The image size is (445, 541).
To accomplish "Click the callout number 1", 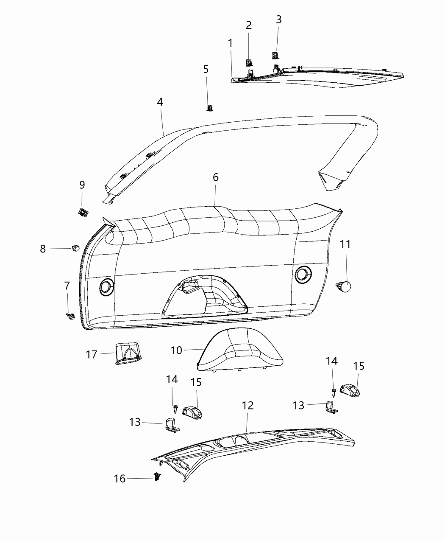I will click(x=230, y=43).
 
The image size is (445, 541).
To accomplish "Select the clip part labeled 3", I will click(x=275, y=55).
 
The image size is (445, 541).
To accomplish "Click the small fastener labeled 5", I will click(x=209, y=108).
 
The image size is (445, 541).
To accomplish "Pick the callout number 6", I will click(x=216, y=177).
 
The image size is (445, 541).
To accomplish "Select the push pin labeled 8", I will click(x=76, y=247).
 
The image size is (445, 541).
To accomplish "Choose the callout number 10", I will click(x=176, y=350).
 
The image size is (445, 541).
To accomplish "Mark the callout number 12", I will click(x=248, y=405).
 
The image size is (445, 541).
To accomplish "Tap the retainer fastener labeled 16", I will click(x=158, y=477).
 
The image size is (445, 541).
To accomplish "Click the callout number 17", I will click(x=92, y=354).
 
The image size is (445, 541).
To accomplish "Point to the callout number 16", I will click(x=120, y=479).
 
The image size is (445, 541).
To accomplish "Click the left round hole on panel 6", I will click(x=106, y=287).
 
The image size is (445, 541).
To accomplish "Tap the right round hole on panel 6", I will click(x=302, y=274).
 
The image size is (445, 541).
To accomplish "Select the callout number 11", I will click(x=345, y=244).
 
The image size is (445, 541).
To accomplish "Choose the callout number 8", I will click(x=43, y=249).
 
